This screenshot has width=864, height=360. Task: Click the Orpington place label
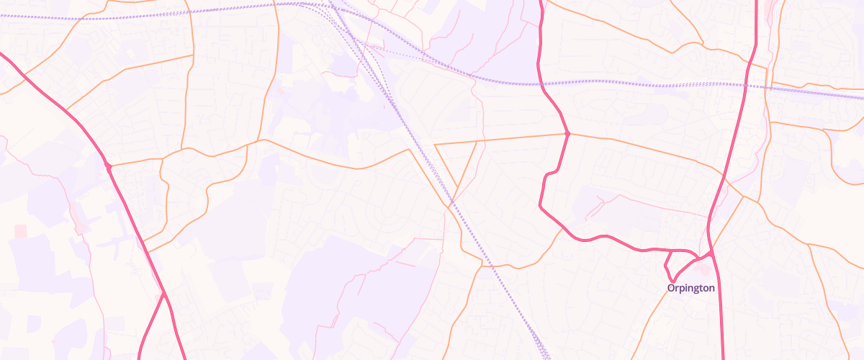[x=690, y=288]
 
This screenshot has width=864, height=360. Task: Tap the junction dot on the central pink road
[x=568, y=134]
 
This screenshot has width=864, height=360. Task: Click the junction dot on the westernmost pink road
[x=108, y=167]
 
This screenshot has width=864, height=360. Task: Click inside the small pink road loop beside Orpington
[x=677, y=264]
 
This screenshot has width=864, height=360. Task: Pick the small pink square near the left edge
[x=20, y=230]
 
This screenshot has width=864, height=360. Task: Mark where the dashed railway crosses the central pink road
[x=540, y=84]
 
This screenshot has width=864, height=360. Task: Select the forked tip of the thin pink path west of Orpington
[x=588, y=216]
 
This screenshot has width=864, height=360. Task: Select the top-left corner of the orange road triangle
[x=435, y=145]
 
